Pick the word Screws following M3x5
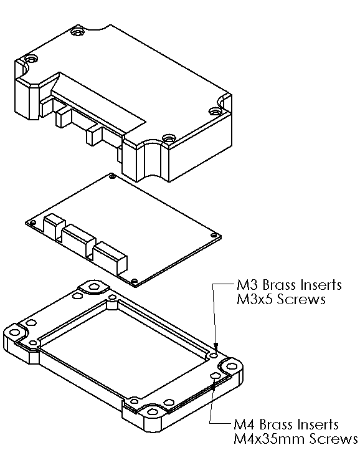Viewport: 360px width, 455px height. point(304,300)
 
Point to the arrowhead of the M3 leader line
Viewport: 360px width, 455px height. point(216,347)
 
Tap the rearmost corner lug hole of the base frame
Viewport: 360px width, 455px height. point(94,287)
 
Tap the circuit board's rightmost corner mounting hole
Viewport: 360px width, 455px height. point(214,236)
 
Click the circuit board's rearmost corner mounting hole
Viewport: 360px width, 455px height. point(111,178)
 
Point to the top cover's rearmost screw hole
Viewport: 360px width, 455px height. point(77,31)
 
